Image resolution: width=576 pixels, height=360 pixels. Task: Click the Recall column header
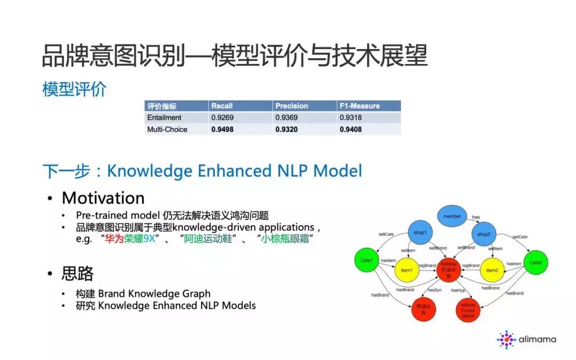click(x=222, y=106)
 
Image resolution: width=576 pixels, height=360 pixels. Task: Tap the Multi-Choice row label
click(x=167, y=129)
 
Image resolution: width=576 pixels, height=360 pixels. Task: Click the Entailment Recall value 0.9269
click(x=223, y=117)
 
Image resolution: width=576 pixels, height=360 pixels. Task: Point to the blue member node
click(x=452, y=216)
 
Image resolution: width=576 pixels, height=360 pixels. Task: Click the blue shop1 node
click(x=420, y=234)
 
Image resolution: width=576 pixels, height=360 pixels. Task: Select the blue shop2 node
click(x=484, y=235)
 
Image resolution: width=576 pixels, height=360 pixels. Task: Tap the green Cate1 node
click(x=366, y=260)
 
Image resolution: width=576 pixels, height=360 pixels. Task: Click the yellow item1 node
click(x=406, y=270)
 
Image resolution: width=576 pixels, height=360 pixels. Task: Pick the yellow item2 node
click(x=492, y=270)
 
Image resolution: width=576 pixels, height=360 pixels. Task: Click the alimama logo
click(x=527, y=339)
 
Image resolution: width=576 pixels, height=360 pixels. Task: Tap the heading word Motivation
click(x=103, y=198)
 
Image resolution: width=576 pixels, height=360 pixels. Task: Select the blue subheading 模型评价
click(x=74, y=89)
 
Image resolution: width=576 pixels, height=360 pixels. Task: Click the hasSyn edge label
click(x=434, y=290)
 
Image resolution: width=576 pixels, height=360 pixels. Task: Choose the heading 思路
click(x=77, y=274)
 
